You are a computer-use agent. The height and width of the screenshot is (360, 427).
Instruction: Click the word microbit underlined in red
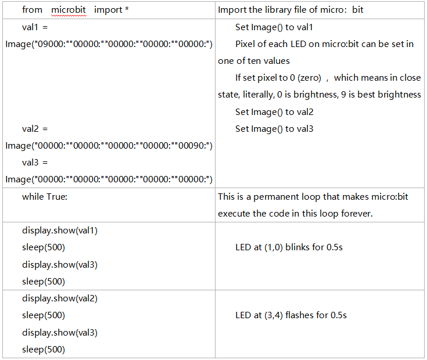pyautogui.click(x=69, y=10)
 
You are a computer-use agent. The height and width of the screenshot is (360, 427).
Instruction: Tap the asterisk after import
pyautogui.click(x=127, y=9)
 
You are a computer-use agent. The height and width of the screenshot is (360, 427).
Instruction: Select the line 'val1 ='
pyautogui.click(x=35, y=27)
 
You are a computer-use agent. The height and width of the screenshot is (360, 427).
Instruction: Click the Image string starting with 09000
pyautogui.click(x=109, y=44)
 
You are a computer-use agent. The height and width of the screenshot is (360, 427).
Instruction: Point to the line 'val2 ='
pyautogui.click(x=35, y=129)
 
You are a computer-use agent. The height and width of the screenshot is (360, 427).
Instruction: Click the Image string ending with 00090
pyautogui.click(x=109, y=146)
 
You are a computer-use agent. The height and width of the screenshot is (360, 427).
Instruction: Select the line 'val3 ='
pyautogui.click(x=35, y=163)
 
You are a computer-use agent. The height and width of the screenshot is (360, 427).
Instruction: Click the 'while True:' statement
pyautogui.click(x=45, y=196)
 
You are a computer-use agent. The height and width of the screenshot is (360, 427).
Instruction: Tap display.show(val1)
pyautogui.click(x=60, y=231)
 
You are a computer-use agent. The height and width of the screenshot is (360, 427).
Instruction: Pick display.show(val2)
pyautogui.click(x=60, y=299)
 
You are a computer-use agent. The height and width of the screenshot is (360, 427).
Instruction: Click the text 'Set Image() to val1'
pyautogui.click(x=274, y=27)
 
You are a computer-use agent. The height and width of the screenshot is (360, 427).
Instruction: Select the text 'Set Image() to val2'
pyautogui.click(x=274, y=112)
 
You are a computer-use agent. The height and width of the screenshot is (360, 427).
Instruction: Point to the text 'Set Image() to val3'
pyautogui.click(x=274, y=129)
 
